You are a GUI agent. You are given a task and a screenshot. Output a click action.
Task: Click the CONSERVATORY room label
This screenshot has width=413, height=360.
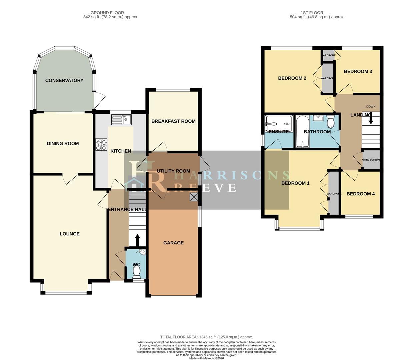(64, 80)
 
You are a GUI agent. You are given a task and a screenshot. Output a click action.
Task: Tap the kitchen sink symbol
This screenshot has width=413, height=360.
(122, 119)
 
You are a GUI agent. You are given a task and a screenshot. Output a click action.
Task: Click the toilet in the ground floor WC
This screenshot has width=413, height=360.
(136, 273)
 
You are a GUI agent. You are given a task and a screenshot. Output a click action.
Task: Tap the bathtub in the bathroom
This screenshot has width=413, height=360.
(303, 131)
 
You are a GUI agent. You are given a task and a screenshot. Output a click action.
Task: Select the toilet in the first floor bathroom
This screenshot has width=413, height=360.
(330, 122)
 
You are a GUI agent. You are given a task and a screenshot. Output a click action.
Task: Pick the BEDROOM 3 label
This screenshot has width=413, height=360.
(358, 71)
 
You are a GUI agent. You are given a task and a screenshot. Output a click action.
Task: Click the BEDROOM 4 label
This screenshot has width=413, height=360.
(360, 194)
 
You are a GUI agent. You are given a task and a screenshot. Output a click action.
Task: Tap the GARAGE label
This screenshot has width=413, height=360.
(173, 243)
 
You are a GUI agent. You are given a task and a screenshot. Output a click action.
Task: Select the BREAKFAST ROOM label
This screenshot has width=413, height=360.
(173, 121)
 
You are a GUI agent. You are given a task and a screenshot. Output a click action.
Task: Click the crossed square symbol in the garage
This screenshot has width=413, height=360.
(194, 197)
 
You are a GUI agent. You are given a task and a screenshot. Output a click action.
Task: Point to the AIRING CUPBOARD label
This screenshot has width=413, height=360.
(371, 160)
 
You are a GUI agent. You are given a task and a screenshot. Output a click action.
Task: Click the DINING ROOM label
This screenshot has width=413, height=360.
(63, 143)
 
